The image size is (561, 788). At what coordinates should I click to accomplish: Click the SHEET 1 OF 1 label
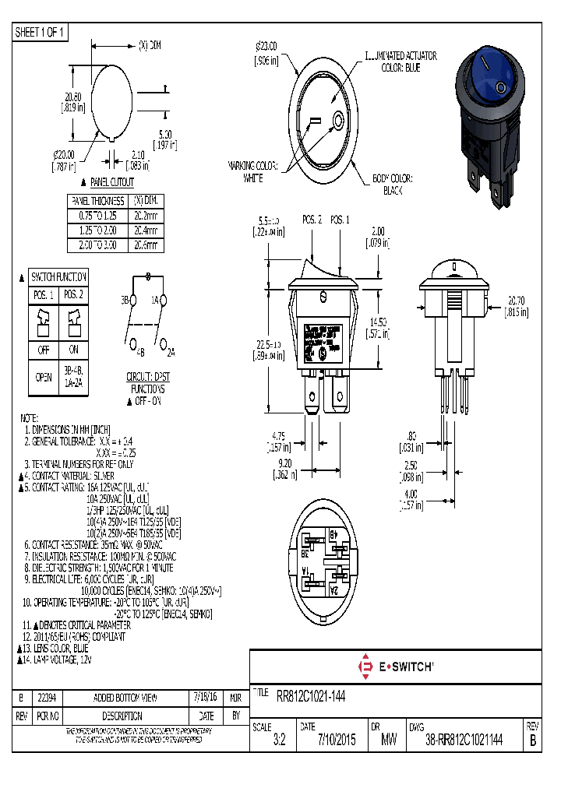pos(41,32)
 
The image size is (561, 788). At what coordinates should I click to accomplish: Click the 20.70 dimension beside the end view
pos(515,305)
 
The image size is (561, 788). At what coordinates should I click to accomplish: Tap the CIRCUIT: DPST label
pos(148,376)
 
